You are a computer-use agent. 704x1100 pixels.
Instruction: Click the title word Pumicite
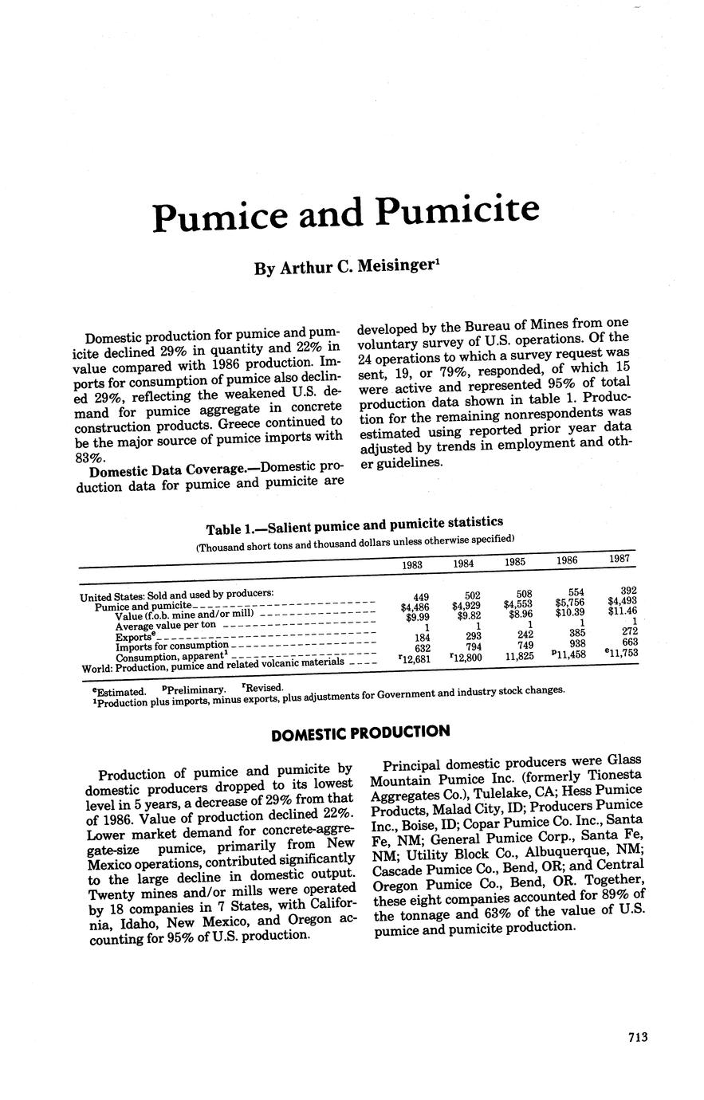[457, 210]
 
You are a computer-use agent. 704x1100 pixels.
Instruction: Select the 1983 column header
[411, 564]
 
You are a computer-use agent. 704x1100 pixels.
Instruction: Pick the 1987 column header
[619, 559]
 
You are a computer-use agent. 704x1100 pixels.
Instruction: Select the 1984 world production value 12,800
[466, 658]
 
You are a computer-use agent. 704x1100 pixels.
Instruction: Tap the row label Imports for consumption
[171, 645]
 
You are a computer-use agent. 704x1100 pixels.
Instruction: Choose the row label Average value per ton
[165, 625]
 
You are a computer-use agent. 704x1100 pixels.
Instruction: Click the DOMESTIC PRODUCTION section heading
[360, 732]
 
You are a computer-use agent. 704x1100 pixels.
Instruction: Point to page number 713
[637, 1037]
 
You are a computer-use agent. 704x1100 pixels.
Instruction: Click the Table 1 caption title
[354, 525]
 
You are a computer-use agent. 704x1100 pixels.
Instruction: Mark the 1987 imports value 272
[628, 631]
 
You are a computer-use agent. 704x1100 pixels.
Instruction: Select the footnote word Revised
[262, 687]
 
